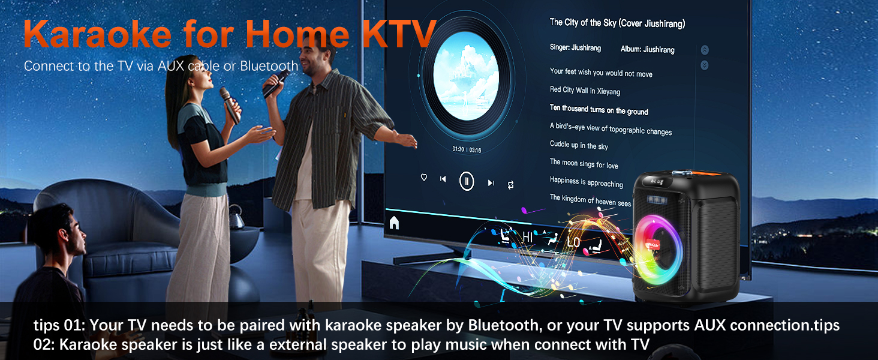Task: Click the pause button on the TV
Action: point(467,181)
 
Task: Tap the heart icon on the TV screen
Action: point(424,178)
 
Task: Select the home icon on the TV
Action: point(394,223)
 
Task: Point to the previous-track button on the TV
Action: point(443,179)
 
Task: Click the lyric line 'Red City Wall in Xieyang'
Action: point(585,91)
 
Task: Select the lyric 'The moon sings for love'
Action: point(584,163)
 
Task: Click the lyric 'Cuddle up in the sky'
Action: point(579,145)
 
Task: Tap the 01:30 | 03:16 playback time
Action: point(467,149)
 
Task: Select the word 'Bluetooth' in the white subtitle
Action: point(269,66)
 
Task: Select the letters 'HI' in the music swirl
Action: point(527,238)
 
